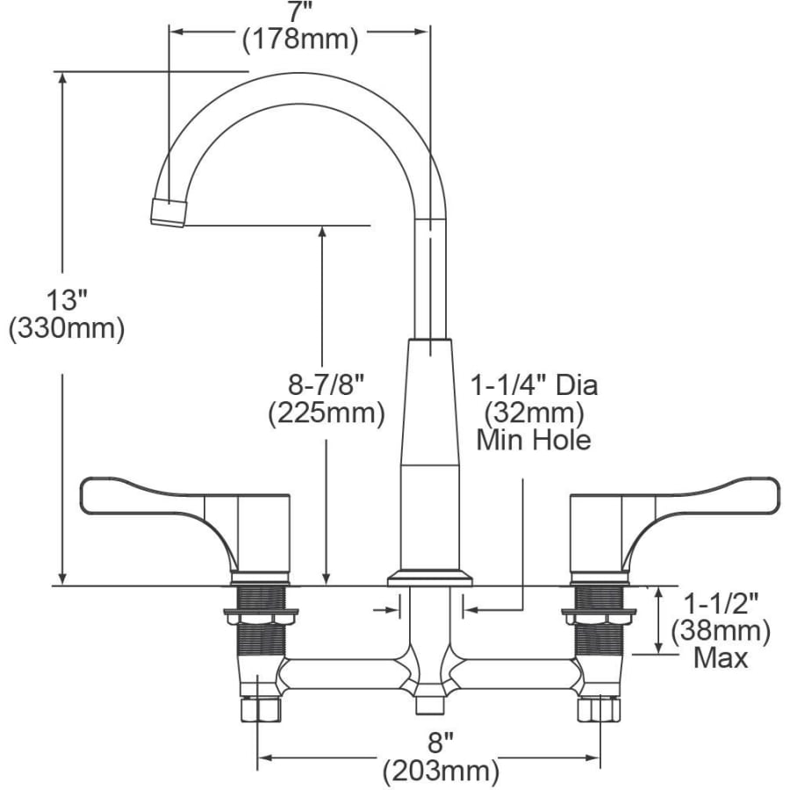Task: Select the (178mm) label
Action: [300, 39]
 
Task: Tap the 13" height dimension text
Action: [67, 300]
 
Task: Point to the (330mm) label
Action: [67, 329]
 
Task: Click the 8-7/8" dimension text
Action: [326, 385]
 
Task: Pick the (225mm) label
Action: [326, 413]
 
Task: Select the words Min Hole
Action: [534, 440]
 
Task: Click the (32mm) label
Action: [534, 413]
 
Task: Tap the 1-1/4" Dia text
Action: [534, 385]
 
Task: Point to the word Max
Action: [721, 658]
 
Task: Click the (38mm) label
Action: [721, 630]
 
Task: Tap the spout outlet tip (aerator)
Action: [168, 212]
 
